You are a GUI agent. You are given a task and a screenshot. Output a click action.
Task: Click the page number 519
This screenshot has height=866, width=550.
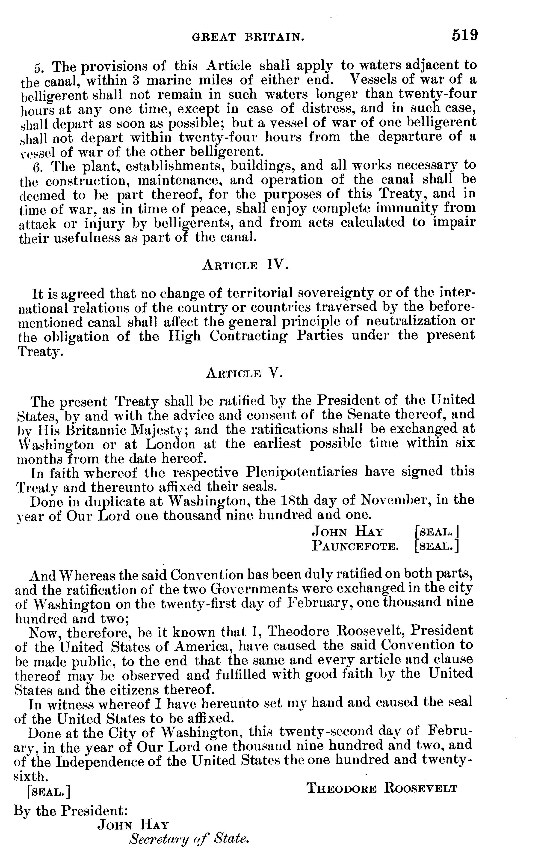(465, 35)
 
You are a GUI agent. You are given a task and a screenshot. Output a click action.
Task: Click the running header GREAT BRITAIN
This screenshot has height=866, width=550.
(248, 37)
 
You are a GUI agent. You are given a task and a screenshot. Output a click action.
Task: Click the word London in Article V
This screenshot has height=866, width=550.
(170, 444)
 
